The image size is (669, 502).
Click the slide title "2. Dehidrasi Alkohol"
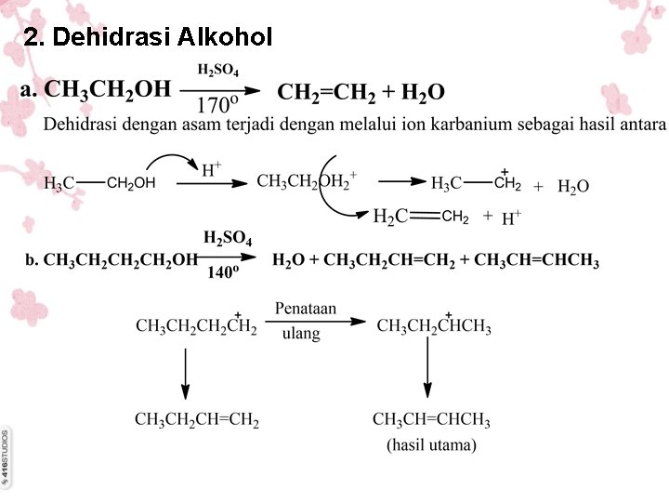149,37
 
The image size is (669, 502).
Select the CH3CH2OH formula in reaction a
109,89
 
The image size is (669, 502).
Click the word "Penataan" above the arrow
306,307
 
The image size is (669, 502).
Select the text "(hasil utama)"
431,444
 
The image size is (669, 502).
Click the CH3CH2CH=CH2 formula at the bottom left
197,419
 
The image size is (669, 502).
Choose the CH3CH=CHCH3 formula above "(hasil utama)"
431,419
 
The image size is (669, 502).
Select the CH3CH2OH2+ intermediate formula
307,180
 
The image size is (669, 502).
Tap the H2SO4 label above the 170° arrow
219,69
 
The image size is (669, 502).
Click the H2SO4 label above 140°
228,239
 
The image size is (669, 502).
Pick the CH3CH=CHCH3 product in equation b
536,259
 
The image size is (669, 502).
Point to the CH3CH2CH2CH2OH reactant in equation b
121,259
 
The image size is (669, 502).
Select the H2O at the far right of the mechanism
572,187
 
